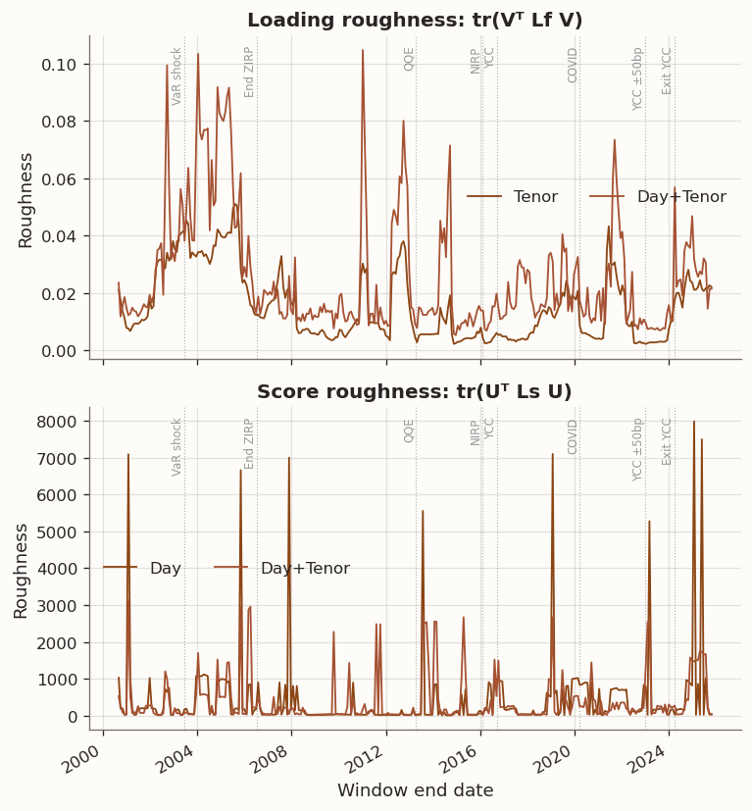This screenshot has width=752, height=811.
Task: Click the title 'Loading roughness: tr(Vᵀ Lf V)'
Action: [415, 21]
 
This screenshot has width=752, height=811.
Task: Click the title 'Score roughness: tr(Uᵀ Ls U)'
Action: [415, 392]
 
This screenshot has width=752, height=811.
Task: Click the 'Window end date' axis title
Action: [415, 790]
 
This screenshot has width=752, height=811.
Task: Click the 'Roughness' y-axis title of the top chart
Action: [25, 200]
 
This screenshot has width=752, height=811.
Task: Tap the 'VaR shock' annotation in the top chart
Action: [177, 76]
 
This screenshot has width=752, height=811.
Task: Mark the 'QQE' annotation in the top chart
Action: [409, 59]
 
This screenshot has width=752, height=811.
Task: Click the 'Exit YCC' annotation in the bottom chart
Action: [668, 441]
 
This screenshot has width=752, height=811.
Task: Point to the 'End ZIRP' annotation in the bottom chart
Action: [250, 443]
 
